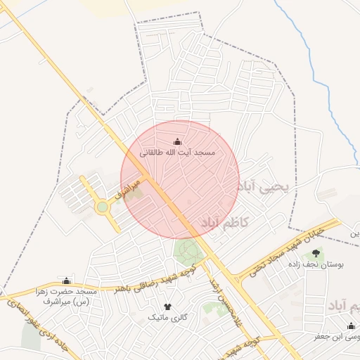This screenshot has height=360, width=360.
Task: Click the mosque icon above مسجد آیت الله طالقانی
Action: pyautogui.click(x=176, y=142)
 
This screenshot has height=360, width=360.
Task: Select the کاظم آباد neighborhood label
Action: pyautogui.click(x=225, y=223)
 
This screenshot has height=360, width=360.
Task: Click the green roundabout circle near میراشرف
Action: pyautogui.click(x=103, y=207)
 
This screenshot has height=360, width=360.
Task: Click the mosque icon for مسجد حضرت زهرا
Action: pyautogui.click(x=67, y=281)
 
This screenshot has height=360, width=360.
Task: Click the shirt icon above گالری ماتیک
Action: pyautogui.click(x=167, y=307)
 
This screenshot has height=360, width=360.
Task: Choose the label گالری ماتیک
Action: pyautogui.click(x=167, y=318)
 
